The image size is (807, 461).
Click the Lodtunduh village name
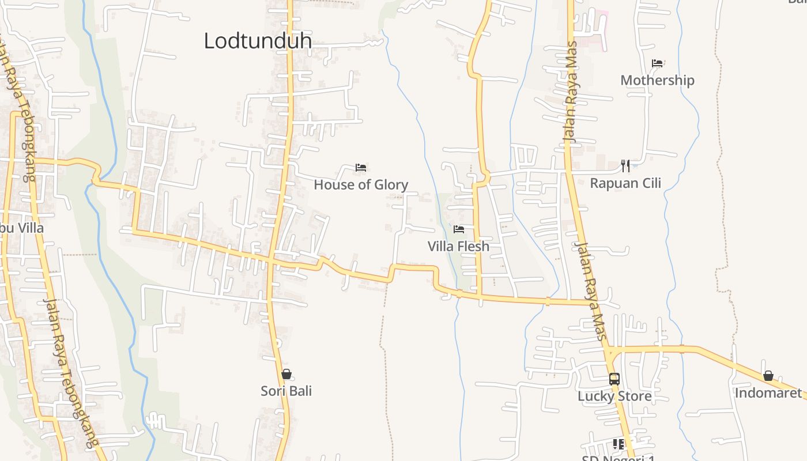click(x=258, y=41)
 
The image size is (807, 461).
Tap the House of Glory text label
click(x=361, y=185)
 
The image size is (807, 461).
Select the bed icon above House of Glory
click(x=361, y=168)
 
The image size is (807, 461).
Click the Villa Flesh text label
click(x=458, y=247)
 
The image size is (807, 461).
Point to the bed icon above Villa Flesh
click(x=459, y=229)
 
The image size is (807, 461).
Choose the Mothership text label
click(x=657, y=80)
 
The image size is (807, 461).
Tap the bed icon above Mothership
click(x=657, y=63)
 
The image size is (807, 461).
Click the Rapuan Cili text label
click(x=625, y=183)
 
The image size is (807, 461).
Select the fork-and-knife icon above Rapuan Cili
click(x=625, y=166)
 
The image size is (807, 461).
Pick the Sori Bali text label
click(x=286, y=391)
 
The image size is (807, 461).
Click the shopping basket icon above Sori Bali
click(x=286, y=374)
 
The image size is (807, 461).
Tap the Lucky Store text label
click(x=614, y=396)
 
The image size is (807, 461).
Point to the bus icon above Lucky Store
click(x=614, y=379)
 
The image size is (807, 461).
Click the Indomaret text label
click(x=768, y=393)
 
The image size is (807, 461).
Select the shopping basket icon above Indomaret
click(x=768, y=376)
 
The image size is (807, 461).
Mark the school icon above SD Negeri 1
click(x=619, y=444)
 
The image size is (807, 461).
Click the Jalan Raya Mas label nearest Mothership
click(x=571, y=92)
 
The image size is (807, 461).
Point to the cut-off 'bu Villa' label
click(x=22, y=228)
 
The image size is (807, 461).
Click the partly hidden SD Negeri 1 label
click(x=618, y=458)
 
